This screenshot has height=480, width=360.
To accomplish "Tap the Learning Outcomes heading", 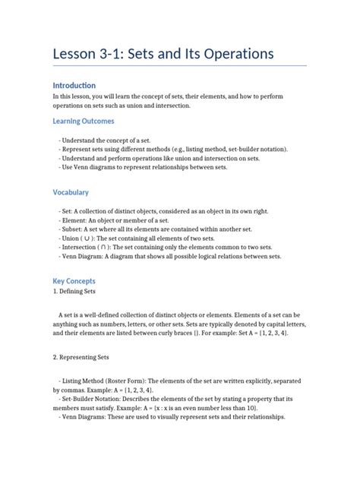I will [83, 121].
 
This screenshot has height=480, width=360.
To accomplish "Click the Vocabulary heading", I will [71, 193].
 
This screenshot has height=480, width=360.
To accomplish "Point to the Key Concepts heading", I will [74, 280].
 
